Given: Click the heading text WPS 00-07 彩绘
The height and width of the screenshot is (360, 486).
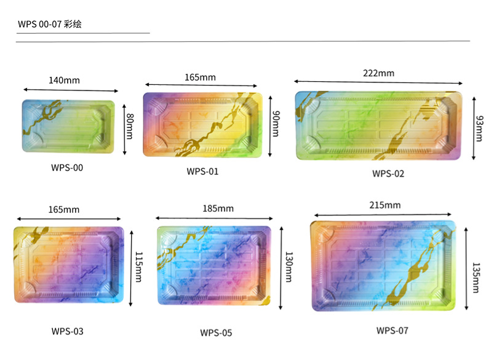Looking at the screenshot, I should pos(50,25).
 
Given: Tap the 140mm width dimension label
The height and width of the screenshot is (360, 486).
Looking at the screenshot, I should pos(64,80).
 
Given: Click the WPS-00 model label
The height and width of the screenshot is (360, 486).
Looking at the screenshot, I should pos(67,166).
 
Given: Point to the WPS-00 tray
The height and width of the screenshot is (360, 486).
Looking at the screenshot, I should pos(68,125).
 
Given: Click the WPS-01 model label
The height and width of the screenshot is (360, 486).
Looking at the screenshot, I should pos(202,171).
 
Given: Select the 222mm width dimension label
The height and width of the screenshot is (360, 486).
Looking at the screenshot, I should pos(378,73).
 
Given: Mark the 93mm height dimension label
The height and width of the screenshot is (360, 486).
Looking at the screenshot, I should pos(479,128).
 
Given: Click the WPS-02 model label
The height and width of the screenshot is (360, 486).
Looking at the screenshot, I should pos(388,174).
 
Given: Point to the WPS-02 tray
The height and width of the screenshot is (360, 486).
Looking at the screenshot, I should pos(378,126).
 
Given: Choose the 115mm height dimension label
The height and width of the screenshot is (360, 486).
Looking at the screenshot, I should pos(138,266).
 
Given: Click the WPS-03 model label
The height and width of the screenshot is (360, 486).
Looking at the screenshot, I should pos(67,331).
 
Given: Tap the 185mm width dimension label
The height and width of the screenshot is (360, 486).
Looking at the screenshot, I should pos(218,209).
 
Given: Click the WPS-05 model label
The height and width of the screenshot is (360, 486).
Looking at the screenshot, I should pos(216,333).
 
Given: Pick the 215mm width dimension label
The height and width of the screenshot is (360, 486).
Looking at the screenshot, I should pos(385,205).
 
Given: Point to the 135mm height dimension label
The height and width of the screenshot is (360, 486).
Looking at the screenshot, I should pos(476,269).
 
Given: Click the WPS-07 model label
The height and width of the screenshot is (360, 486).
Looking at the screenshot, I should pos(392,330).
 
